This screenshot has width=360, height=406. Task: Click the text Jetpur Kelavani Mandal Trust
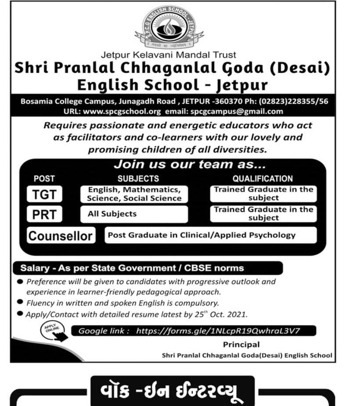coord(169,55)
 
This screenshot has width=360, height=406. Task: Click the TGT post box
coord(44,194)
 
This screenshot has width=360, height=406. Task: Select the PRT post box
coord(44,214)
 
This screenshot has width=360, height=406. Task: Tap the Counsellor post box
coord(61,235)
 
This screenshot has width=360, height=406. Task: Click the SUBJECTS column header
coord(138,179)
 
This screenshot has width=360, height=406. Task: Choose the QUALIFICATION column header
coord(263,179)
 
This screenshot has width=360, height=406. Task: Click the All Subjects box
coord(134,214)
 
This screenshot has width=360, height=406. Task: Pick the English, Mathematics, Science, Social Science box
coord(134,194)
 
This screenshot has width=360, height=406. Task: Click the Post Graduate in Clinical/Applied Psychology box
coord(211,235)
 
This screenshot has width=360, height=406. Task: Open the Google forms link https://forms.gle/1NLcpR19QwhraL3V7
coord(218,331)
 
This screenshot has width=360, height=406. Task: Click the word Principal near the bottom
coord(241,345)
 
